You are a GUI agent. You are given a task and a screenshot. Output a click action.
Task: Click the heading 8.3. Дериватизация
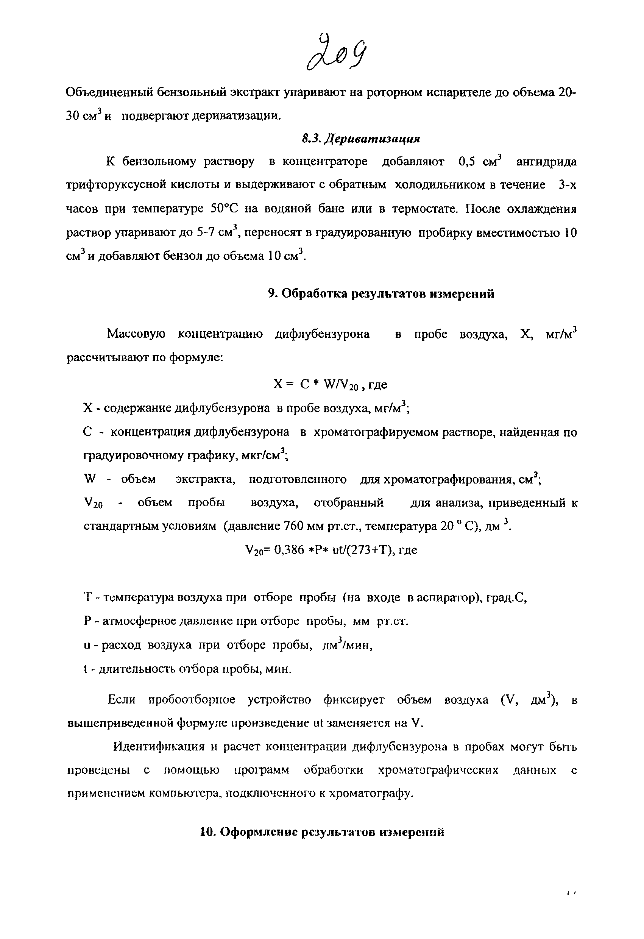pyautogui.click(x=361, y=139)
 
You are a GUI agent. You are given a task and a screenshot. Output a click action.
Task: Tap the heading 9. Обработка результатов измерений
pyautogui.click(x=381, y=293)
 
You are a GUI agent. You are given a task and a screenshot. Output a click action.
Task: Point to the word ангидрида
pyautogui.click(x=547, y=162)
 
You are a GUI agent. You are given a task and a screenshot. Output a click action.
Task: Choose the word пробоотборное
pyautogui.click(x=192, y=699)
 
